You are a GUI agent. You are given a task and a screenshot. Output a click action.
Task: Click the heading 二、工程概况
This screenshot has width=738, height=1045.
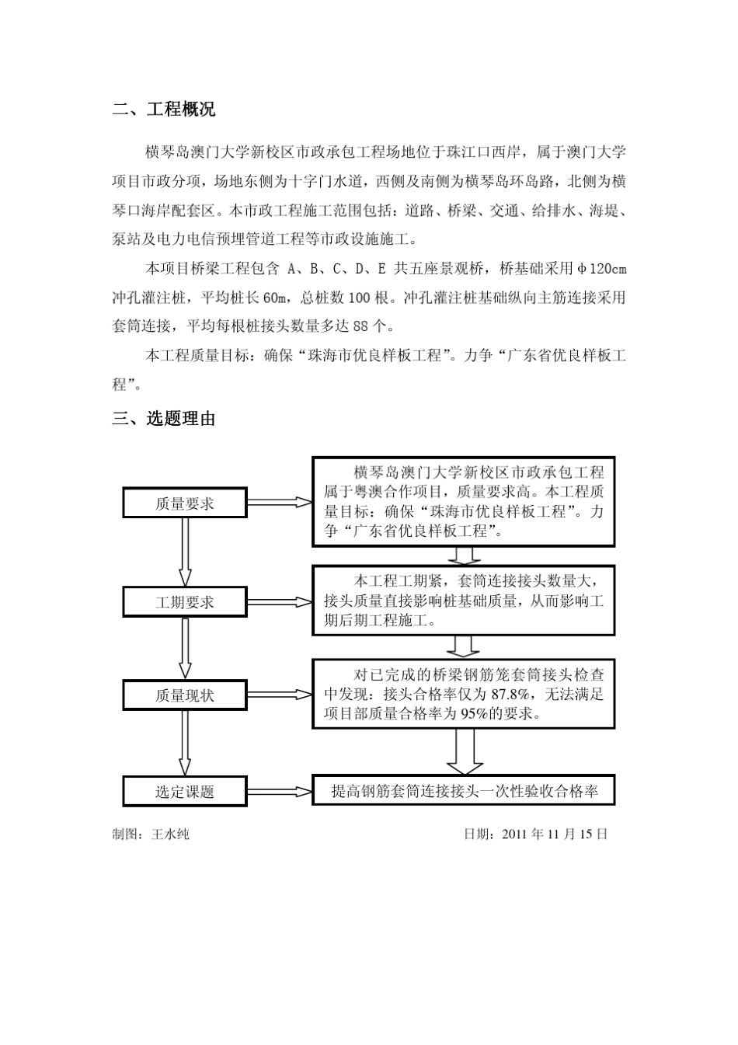164,110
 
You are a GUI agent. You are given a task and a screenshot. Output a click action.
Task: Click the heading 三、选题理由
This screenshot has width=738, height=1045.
164,419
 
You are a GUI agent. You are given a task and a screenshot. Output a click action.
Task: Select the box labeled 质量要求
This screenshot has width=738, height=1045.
185,503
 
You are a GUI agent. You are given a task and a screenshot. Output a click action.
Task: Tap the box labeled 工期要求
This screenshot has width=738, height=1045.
185,602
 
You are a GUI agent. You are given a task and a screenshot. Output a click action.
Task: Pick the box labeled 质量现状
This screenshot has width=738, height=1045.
185,695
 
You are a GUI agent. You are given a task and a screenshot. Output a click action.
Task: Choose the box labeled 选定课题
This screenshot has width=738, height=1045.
185,792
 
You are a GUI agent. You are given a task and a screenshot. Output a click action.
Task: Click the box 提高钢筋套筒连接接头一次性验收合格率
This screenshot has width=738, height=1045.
464,791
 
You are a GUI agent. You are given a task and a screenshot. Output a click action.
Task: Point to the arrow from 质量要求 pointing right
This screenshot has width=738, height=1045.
280,503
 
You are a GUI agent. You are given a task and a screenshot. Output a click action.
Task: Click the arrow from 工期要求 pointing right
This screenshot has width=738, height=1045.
280,602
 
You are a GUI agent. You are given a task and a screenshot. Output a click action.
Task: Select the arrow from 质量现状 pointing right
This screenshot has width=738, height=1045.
280,695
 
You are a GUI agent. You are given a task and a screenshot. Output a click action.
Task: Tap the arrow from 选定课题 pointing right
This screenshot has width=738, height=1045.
280,792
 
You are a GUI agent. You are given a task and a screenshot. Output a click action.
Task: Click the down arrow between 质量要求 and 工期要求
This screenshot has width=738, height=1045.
185,552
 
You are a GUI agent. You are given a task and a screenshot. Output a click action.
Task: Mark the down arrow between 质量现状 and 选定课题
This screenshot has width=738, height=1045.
185,744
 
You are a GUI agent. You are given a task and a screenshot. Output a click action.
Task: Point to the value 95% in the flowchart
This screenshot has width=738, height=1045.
475,714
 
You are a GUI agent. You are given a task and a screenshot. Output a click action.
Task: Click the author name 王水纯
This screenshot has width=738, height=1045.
170,834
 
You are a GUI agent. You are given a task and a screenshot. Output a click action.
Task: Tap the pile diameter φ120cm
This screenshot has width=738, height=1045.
602,270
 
